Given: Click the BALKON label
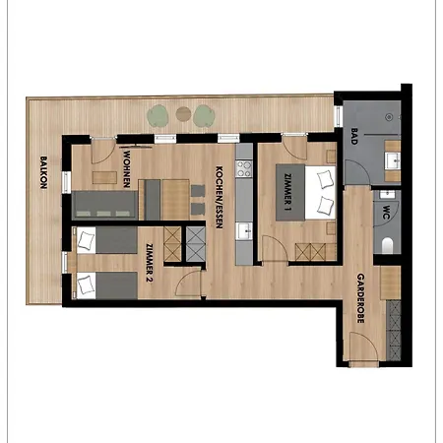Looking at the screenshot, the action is [x=43, y=172].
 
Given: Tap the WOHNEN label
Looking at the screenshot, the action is [x=127, y=169].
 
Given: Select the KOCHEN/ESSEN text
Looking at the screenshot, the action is [x=220, y=197].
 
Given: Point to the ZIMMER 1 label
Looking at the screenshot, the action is [x=288, y=192].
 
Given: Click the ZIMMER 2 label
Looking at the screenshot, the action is [x=150, y=263].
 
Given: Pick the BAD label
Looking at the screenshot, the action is [x=354, y=137].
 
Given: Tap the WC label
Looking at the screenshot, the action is [x=386, y=213].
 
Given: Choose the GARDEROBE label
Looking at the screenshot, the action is [x=360, y=298].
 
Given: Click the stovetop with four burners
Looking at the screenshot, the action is [x=244, y=168].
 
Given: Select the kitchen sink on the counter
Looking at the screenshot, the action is [x=245, y=231].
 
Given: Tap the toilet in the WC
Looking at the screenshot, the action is [x=388, y=245].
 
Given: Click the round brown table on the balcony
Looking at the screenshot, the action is [x=183, y=114].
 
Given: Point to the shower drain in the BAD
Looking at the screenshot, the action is [x=389, y=117].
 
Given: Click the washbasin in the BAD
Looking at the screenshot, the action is [x=393, y=160].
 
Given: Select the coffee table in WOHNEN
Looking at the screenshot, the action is [x=104, y=177].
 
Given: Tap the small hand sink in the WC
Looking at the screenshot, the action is [x=388, y=195].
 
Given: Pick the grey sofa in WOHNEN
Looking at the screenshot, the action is [x=104, y=206].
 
